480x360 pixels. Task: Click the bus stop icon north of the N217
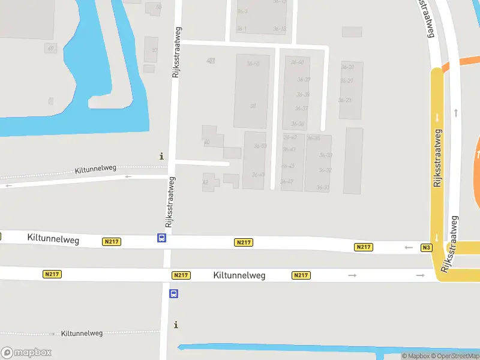point(162,238)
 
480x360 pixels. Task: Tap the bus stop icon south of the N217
point(173,293)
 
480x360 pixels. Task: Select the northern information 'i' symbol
point(161,156)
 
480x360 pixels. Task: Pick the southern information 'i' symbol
point(176,325)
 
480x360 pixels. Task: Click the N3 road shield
point(427,247)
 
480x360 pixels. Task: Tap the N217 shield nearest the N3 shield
point(364,247)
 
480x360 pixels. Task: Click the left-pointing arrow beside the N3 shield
point(409,247)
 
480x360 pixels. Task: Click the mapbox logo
point(26,352)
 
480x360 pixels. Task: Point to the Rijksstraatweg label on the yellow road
point(437,157)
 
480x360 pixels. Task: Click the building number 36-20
point(347,67)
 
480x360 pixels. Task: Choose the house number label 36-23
point(344,100)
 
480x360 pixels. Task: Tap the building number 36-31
point(323,188)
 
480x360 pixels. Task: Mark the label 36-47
point(287,181)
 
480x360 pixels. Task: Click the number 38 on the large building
point(253,106)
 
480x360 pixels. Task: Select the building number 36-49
point(258,175)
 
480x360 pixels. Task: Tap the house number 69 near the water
point(50,49)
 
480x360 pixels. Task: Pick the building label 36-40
point(297,62)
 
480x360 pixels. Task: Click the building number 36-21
point(347,81)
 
